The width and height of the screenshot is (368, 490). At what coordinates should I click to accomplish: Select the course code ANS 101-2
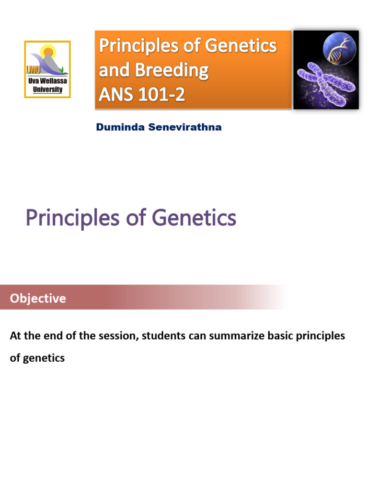(x=141, y=95)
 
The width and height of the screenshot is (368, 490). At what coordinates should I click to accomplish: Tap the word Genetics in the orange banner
(x=241, y=46)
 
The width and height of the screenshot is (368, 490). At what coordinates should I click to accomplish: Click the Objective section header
(x=38, y=299)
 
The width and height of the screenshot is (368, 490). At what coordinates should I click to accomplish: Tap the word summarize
(x=227, y=336)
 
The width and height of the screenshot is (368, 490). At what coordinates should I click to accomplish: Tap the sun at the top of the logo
(x=48, y=51)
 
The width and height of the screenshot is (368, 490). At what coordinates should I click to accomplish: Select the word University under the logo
(x=47, y=89)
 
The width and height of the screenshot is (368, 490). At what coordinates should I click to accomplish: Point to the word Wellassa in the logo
(x=53, y=82)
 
